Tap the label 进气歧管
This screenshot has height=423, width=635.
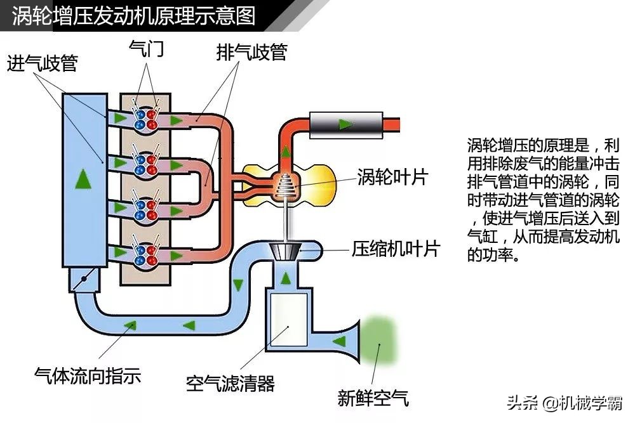click(42, 63)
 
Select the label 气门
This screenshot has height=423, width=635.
click(147, 49)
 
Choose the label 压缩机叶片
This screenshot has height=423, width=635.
click(396, 249)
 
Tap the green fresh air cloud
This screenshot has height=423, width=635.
click(379, 337)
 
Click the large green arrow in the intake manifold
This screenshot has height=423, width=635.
click(82, 179)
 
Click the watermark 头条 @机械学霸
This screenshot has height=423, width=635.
click(565, 401)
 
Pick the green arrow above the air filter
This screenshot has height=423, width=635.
click(286, 278)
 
